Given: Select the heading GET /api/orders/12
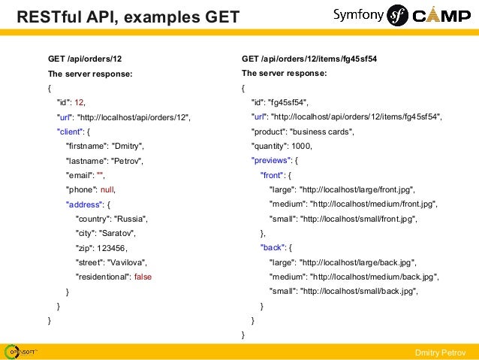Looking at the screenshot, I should coord(85,59).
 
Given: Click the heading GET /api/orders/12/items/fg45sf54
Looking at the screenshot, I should coord(309,59).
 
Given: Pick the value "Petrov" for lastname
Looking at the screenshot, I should coord(126,160).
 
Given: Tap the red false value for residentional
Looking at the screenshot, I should coord(143,276).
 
